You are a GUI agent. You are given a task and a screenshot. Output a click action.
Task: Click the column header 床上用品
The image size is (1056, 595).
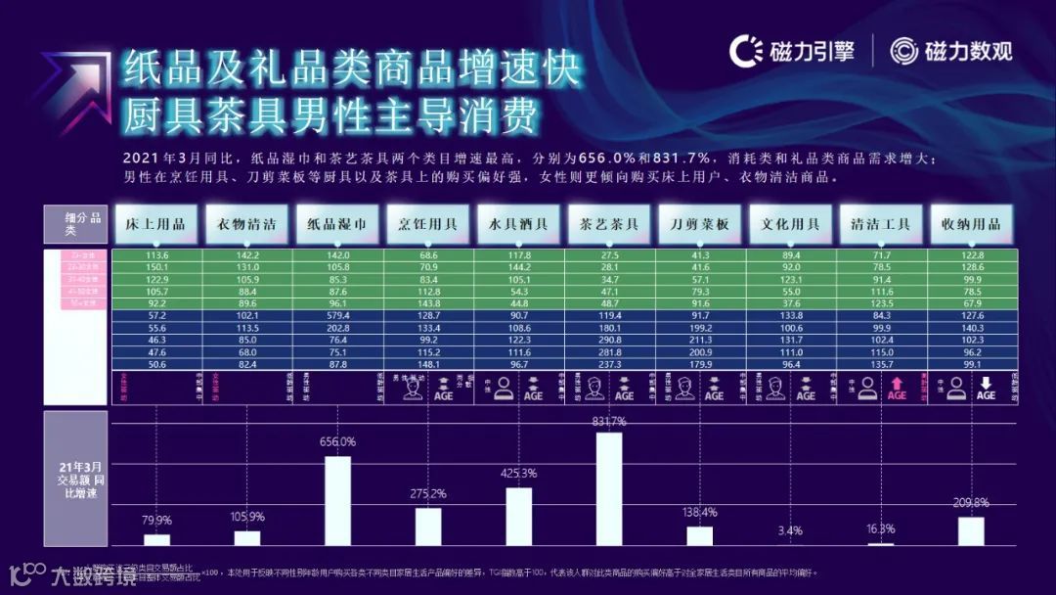155,224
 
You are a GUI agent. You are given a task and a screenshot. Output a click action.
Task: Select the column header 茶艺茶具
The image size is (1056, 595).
609,224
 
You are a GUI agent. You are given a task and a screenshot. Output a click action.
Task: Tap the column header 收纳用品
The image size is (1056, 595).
971,224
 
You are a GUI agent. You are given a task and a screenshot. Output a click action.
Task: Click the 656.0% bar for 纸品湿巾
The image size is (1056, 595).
337,500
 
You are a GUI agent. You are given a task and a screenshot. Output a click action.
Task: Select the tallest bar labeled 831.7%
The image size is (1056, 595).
608,488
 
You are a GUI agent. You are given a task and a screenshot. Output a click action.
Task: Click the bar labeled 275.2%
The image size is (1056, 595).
427,526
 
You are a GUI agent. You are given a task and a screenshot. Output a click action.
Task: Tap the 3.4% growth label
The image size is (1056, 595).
790,530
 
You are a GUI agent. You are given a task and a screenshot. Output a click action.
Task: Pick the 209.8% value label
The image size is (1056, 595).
971,503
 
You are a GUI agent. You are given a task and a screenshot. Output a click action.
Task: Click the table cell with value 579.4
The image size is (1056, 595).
338,317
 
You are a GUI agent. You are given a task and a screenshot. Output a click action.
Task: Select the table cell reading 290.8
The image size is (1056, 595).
609,341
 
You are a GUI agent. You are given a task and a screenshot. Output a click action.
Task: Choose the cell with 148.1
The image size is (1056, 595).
428,364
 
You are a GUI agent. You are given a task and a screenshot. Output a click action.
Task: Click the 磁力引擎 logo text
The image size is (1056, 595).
813,52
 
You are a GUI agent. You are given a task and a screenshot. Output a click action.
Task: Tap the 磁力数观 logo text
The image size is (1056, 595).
969,52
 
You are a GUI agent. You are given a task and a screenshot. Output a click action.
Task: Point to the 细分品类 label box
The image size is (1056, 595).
75,225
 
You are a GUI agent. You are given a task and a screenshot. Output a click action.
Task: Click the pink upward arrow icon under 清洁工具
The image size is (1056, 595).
896,389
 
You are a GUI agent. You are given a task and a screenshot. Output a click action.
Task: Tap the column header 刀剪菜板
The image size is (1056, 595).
699,224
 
